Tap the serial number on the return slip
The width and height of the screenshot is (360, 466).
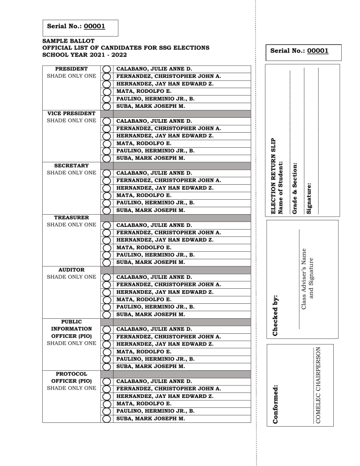pyautogui.click(x=297, y=51)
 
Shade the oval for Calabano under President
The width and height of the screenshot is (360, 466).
pyautogui.click(x=106, y=69)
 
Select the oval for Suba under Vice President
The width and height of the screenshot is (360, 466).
pyautogui.click(x=106, y=158)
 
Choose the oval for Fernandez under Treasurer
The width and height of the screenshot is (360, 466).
pyautogui.click(x=106, y=233)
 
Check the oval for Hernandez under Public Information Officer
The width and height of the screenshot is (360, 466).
pyautogui.click(x=106, y=344)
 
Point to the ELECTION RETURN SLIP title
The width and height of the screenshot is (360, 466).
pyautogui.click(x=274, y=176)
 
